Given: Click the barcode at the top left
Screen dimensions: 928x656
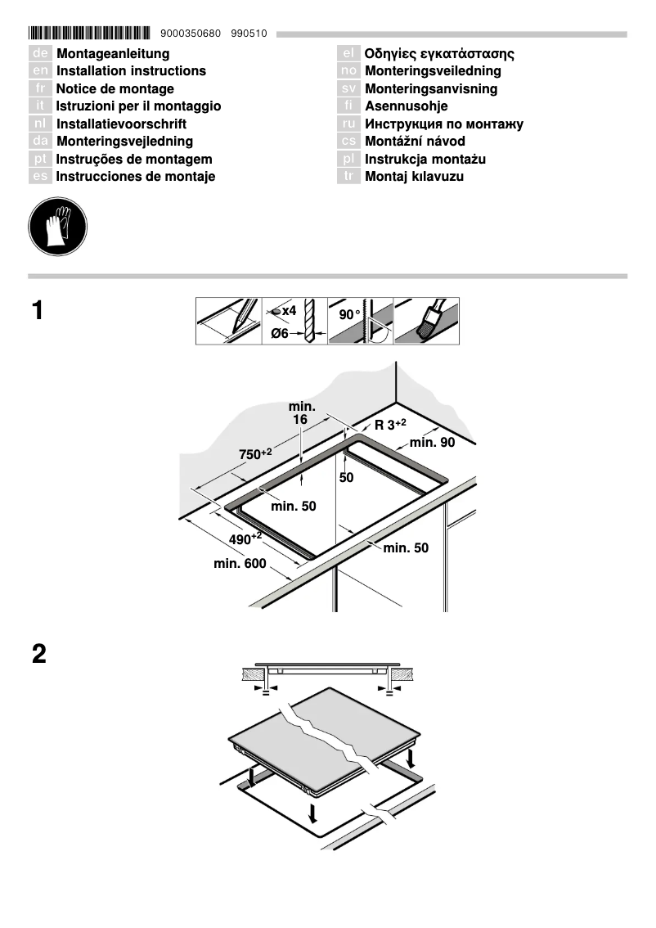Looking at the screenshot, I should point(89,34).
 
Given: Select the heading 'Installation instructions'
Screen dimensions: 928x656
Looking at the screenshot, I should point(131,71).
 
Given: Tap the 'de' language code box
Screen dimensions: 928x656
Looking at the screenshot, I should point(41,54).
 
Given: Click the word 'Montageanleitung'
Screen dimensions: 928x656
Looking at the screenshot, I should point(113,54).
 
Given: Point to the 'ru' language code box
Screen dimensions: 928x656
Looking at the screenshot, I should point(349,124).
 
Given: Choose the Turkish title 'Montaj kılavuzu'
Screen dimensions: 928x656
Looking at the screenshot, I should point(414,177).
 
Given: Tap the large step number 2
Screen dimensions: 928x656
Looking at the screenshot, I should point(38,655).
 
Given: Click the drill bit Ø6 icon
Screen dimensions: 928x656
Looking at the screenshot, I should point(294,321).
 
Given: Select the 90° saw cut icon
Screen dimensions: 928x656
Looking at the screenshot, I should point(360,321).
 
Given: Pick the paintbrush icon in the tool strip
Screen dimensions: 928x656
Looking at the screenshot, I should point(426,321).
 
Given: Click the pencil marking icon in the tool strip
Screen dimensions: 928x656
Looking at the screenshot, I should point(229,321).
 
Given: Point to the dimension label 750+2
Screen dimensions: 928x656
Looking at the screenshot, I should point(255,454).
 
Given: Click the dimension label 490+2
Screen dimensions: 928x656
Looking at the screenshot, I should point(245,539).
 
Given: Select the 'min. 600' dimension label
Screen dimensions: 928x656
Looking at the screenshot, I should point(240,563).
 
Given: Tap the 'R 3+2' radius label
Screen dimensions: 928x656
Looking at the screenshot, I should point(390,424).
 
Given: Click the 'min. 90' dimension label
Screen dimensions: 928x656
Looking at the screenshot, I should point(432,443).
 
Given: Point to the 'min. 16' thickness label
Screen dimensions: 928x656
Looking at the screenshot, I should point(300,413).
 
